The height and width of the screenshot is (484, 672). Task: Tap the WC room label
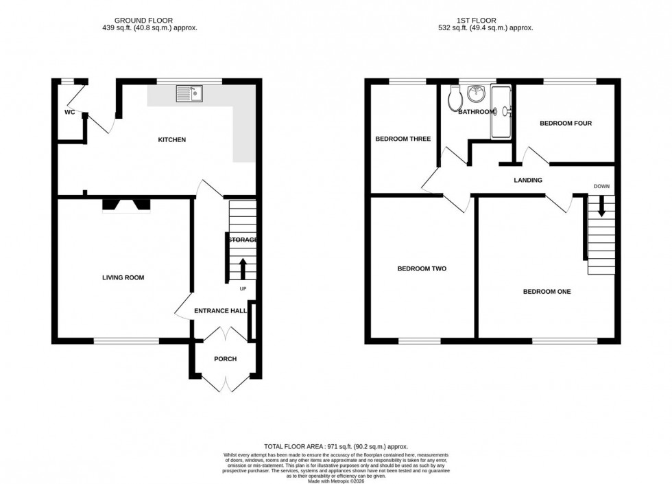69,113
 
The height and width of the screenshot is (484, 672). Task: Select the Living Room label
123,277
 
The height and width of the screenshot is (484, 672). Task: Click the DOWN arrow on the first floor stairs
601,206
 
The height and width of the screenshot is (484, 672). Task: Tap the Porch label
225,358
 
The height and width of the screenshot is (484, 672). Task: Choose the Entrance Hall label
220,311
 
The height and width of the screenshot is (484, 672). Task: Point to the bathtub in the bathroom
501,111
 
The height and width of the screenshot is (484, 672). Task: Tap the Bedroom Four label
565,124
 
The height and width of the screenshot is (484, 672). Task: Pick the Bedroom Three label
403,139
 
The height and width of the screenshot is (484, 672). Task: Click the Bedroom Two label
422,268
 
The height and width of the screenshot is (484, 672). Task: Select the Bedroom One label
547,292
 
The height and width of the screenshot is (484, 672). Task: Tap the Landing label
528,180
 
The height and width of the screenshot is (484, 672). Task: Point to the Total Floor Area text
335,446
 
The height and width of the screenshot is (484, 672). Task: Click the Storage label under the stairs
243,240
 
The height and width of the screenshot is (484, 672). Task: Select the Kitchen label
172,140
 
